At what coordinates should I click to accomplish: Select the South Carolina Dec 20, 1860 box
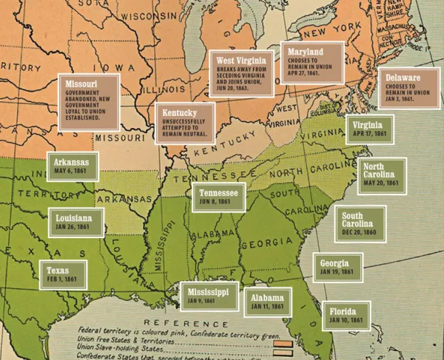tap(361, 220)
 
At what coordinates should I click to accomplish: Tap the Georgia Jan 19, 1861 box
tap(339, 267)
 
